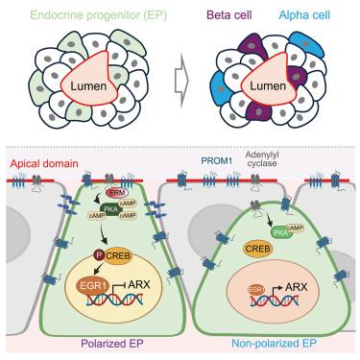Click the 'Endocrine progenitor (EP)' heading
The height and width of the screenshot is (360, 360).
tap(99, 15)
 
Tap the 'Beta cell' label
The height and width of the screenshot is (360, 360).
tap(229, 14)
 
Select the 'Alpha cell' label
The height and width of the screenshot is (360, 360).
tap(304, 15)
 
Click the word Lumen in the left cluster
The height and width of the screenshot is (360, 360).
tap(88, 85)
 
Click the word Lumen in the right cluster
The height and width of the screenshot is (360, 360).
tap(268, 85)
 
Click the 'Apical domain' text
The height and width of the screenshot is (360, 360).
tap(44, 164)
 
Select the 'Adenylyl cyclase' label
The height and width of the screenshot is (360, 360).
tap(262, 159)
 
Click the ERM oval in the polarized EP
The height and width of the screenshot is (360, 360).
tap(116, 192)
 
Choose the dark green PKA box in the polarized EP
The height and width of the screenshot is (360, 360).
tap(110, 210)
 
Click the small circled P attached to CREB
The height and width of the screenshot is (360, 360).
tap(98, 255)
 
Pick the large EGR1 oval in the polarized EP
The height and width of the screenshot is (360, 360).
tap(91, 285)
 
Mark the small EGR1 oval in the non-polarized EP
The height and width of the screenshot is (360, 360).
tap(256, 290)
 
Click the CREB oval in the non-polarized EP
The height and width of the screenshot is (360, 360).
tap(258, 249)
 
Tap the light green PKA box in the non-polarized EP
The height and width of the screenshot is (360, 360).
tap(280, 231)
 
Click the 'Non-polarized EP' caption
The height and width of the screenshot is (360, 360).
tap(274, 344)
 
